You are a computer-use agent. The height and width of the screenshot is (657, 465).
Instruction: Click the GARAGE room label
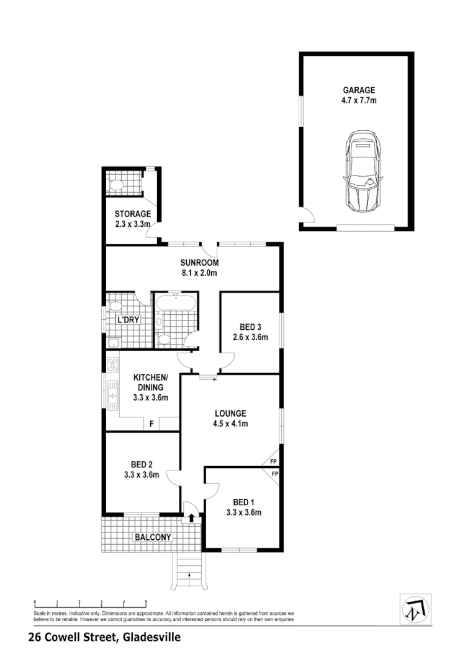coord(359,89)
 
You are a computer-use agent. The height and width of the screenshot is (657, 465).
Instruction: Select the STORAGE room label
coord(132,214)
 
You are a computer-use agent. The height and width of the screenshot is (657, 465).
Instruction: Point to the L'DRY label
coord(129,320)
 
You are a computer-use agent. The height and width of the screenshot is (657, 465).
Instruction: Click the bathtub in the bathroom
coord(176,303)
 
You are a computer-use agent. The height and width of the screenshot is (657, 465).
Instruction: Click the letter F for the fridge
coord(151,424)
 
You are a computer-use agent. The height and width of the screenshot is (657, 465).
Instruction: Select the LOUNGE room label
coord(231,413)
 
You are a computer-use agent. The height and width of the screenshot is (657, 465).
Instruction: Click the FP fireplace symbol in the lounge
coord(271,461)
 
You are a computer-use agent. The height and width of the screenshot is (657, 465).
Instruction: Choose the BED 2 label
coord(142,464)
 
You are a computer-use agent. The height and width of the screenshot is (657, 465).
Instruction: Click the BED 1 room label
coord(244,502)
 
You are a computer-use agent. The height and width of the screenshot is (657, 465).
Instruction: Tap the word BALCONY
coord(153,537)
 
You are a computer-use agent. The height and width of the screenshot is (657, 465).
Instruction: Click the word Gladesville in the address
coord(152,637)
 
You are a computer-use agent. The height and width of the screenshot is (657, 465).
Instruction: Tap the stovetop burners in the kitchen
coord(112,364)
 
